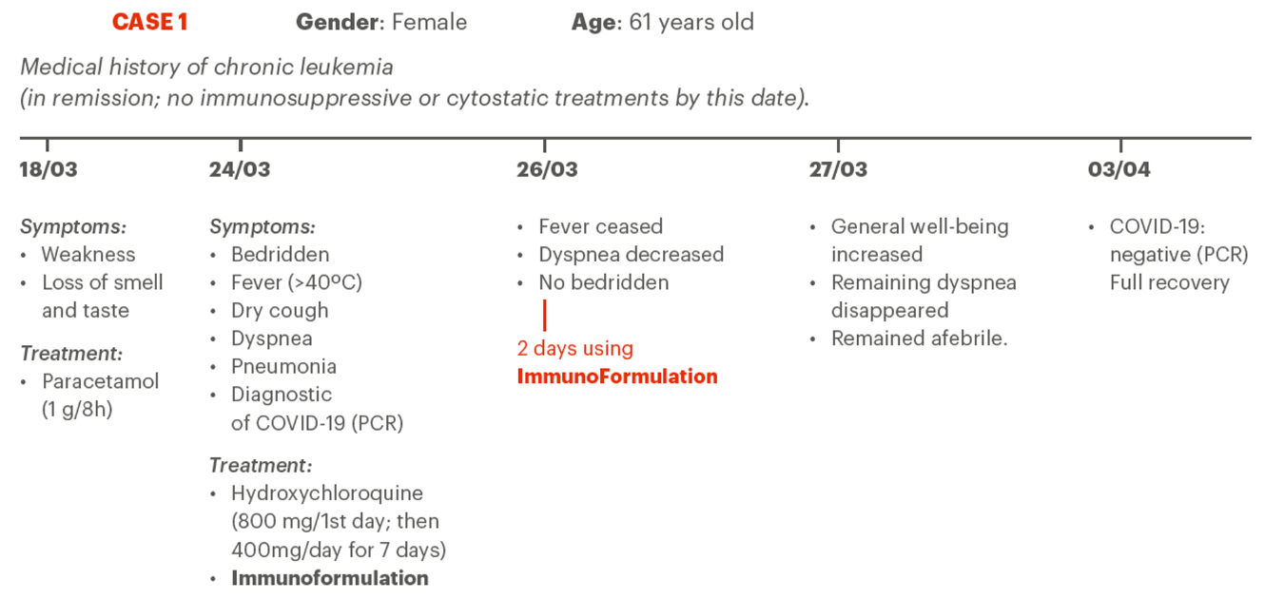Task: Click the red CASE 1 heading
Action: pos(150,23)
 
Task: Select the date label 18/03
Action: pos(49,169)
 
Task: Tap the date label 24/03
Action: pos(240,169)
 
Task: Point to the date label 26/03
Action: pos(548,169)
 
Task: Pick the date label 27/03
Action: pos(838,169)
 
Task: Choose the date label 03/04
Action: pos(1119,169)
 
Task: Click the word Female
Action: pos(429,23)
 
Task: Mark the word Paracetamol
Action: pos(100,382)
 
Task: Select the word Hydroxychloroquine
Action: pos(327,493)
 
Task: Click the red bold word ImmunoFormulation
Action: pos(617,377)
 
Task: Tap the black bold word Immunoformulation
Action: pos(330,578)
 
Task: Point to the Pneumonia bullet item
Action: pos(283,367)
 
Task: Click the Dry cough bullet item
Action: pos(280,311)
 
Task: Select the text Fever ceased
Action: pos(601,227)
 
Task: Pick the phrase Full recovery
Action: pos(1169,282)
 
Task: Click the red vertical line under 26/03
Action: pos(545,316)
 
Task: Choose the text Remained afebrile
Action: pos(920,338)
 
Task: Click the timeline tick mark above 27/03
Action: pos(838,145)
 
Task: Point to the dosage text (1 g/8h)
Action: pos(77,410)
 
